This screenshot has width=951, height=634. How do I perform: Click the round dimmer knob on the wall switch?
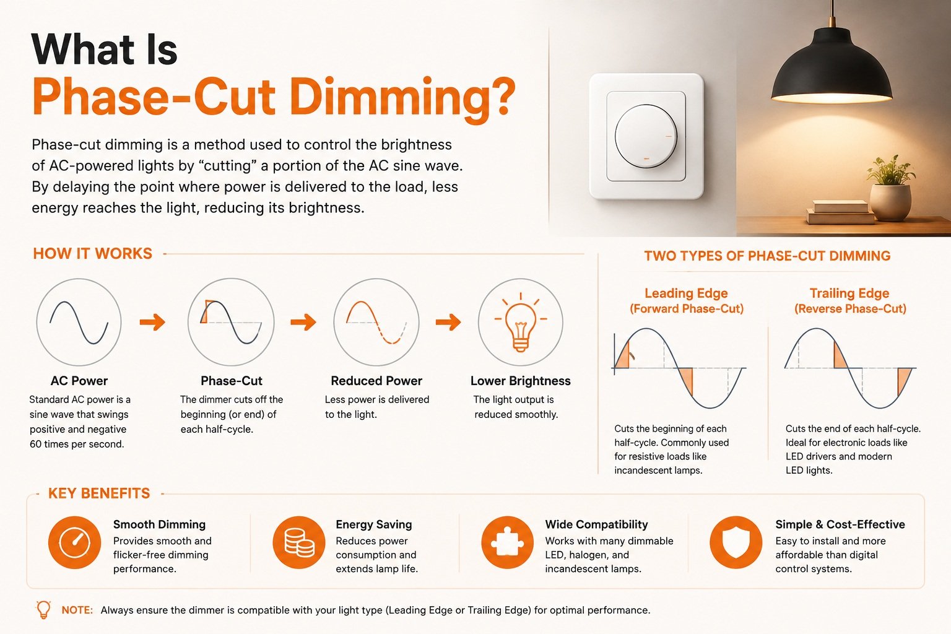click(x=646, y=136)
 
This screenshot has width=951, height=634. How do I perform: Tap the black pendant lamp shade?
click(x=832, y=68)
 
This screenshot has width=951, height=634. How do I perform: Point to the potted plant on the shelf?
click(x=890, y=188)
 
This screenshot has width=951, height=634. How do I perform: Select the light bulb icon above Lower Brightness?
click(x=521, y=323)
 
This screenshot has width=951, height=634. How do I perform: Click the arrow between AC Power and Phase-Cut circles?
click(x=152, y=322)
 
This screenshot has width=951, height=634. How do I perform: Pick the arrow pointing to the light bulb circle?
click(x=448, y=322)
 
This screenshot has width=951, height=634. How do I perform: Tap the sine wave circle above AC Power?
click(x=79, y=322)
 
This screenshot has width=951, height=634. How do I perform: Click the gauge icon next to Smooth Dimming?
click(x=75, y=542)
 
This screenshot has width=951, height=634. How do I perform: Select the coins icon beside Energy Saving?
click(x=299, y=542)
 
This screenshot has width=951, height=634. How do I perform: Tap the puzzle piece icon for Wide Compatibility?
click(x=507, y=542)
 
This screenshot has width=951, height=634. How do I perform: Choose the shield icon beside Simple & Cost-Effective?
click(x=736, y=542)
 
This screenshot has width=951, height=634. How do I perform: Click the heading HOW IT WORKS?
click(x=92, y=253)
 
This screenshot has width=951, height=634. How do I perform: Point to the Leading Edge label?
click(x=687, y=293)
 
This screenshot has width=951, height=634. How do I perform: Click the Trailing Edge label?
click(x=849, y=293)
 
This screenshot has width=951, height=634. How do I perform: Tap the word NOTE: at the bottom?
click(x=77, y=610)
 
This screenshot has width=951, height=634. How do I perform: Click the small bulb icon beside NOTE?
click(x=43, y=610)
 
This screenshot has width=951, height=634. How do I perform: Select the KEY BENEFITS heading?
click(x=99, y=493)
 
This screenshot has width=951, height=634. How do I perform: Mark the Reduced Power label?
click(x=376, y=381)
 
